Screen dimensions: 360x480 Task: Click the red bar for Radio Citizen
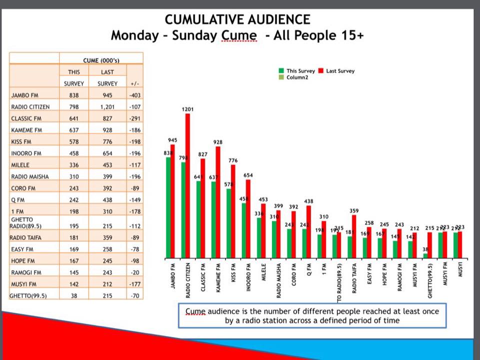187,185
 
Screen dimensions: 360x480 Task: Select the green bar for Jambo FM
168,207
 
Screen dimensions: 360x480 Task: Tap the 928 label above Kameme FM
218,142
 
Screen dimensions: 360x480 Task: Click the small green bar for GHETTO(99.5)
425,255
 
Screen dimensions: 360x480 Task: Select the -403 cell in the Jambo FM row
134,94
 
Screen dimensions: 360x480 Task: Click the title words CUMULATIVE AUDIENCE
237,20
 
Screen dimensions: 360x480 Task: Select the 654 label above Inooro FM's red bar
248,175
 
